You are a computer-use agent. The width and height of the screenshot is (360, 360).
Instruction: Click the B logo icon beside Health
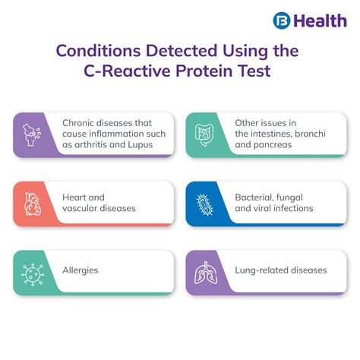point(283,20)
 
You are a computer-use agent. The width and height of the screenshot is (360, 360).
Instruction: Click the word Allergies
point(81,270)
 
